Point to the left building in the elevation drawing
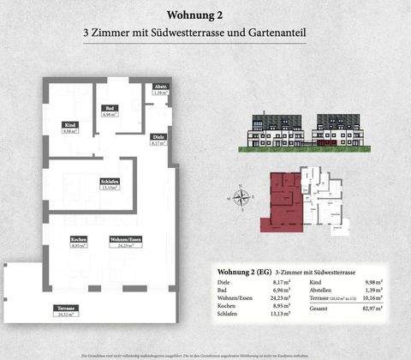(276, 130)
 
